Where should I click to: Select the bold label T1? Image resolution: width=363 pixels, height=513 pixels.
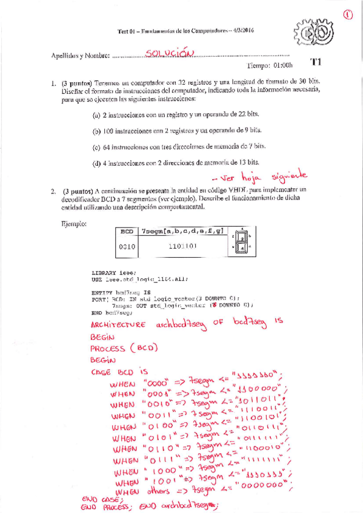tap(316, 62)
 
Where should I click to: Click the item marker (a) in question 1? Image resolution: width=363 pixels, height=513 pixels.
tap(96, 114)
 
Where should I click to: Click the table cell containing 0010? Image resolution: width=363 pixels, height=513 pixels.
tap(127, 247)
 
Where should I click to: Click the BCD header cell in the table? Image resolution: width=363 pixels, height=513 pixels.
tap(127, 231)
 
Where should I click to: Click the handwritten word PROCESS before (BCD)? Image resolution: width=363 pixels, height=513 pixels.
tap(107, 349)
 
